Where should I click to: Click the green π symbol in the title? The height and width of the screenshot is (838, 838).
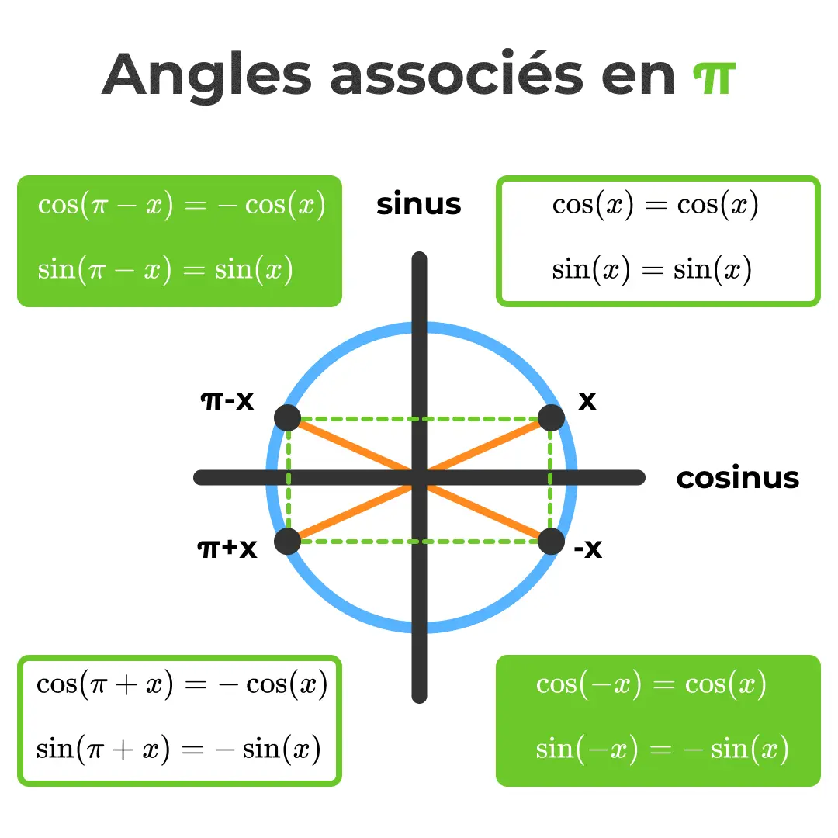tap(713, 76)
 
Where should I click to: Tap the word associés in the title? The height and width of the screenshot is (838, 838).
tap(457, 76)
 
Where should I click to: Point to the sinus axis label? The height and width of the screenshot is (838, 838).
tap(418, 204)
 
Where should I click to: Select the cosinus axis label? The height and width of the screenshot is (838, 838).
tap(737, 478)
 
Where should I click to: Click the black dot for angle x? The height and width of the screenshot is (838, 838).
tap(551, 417)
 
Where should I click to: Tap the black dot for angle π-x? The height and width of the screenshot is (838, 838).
tap(287, 417)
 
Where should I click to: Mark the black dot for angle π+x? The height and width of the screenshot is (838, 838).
tap(287, 541)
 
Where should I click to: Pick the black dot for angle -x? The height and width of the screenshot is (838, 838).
tap(551, 541)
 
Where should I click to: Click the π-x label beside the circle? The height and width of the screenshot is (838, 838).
tap(227, 401)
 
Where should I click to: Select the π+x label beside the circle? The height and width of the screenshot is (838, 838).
tap(227, 549)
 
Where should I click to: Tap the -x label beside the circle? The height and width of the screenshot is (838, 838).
tap(587, 549)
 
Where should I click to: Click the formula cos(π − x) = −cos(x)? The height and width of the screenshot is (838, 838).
tap(182, 206)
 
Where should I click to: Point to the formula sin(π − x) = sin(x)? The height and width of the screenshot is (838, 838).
tap(165, 270)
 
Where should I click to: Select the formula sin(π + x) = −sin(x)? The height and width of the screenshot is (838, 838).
tap(178, 750)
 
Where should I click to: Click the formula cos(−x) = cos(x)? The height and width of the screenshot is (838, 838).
tap(651, 684)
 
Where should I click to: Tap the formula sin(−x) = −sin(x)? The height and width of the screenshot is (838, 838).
tap(662, 750)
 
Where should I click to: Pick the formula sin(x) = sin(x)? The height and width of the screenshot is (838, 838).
tap(652, 270)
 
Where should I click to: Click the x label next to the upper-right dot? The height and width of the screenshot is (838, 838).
tap(587, 401)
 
